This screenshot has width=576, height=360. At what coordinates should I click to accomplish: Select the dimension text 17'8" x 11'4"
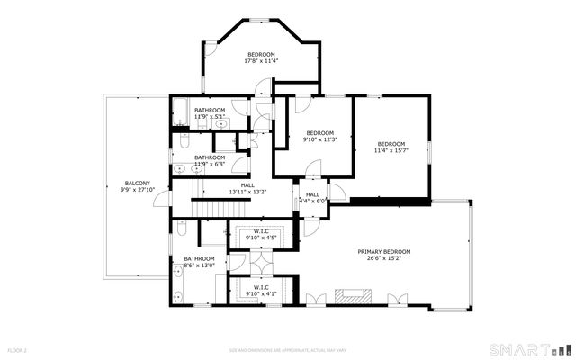tap(261, 62)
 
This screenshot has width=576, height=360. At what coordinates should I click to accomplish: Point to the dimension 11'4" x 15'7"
tap(391, 150)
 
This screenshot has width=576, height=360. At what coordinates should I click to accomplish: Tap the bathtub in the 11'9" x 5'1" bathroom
tap(179, 113)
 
